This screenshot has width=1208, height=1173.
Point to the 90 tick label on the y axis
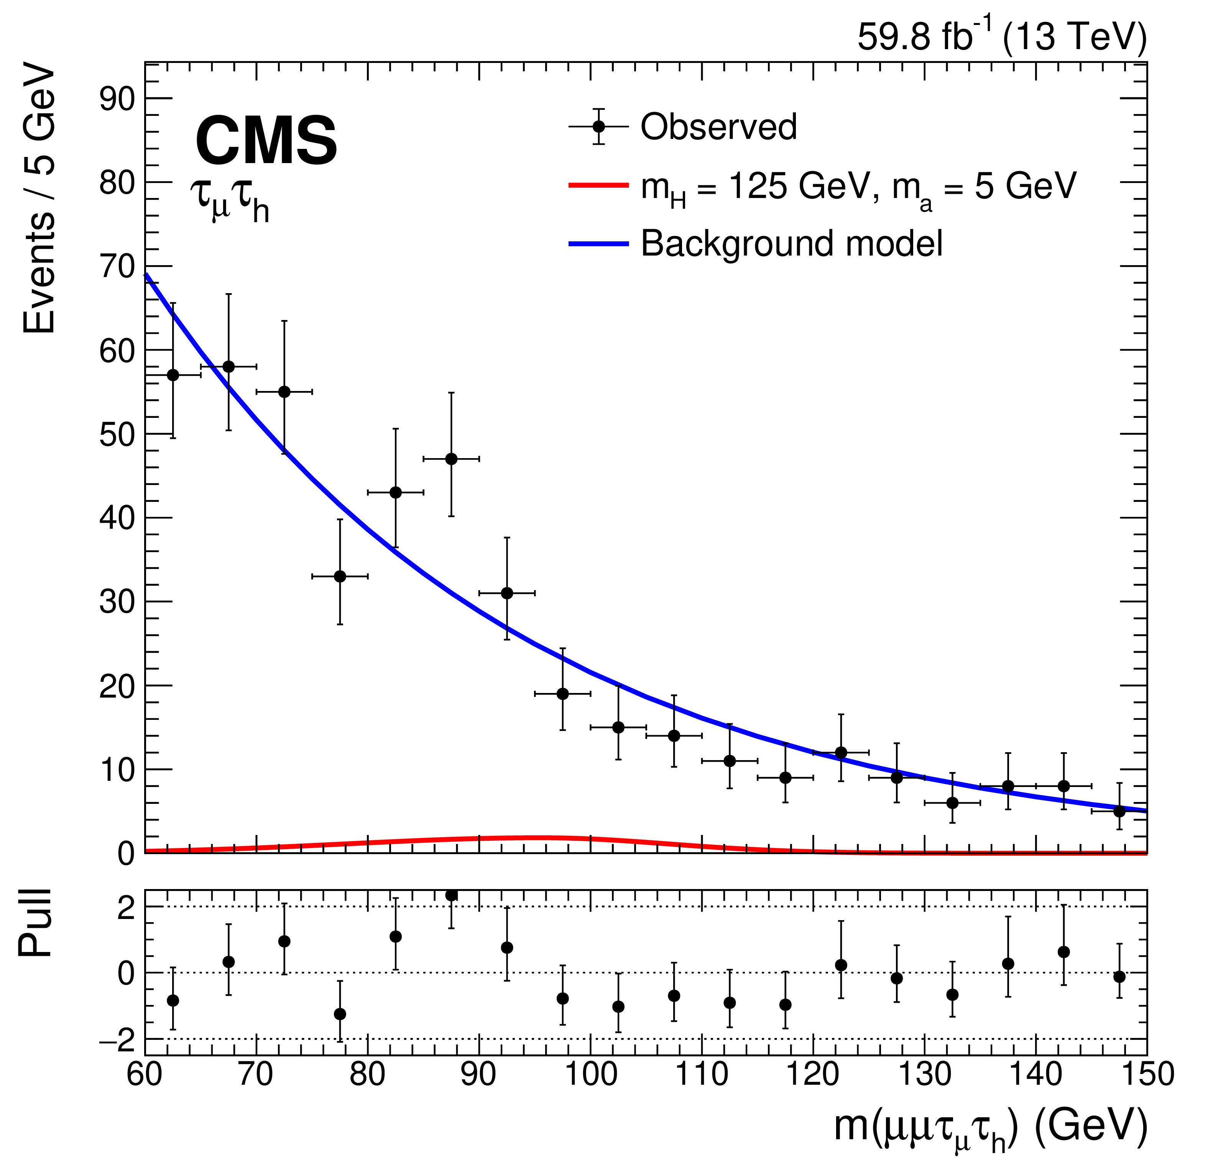[x=117, y=99]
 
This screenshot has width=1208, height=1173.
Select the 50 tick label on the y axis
[x=117, y=434]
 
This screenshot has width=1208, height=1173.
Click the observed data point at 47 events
[x=451, y=459]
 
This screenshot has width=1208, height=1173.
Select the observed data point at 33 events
[x=340, y=577]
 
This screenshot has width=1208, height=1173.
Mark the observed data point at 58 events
[x=228, y=366]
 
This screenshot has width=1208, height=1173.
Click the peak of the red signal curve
[x=541, y=838]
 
